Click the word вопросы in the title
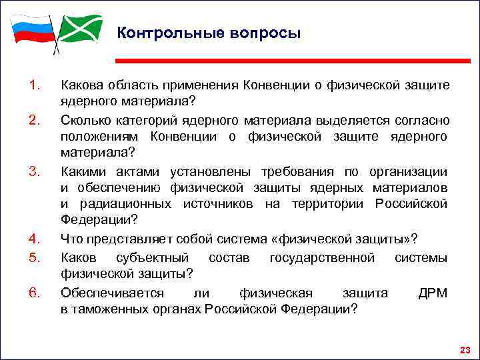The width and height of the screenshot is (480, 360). coord(263,33)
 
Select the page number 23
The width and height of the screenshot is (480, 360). coord(465,349)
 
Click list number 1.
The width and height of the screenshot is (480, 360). coord(35,85)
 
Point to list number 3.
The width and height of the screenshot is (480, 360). coord(35,172)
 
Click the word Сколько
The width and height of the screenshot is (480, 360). coord(86,120)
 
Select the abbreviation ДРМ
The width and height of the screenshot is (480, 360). coord(433,293)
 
